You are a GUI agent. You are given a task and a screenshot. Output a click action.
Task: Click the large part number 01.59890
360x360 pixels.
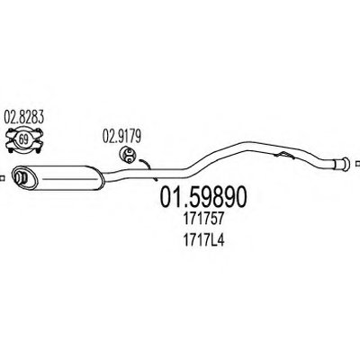tap(203, 197)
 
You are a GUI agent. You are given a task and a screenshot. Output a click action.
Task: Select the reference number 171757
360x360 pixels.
tap(203, 220)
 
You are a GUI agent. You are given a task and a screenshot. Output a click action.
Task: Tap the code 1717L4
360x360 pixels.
tap(203, 240)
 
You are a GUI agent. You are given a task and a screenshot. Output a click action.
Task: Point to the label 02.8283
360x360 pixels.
tap(24, 117)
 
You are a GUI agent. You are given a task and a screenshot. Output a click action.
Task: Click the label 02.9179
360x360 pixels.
tap(121, 136)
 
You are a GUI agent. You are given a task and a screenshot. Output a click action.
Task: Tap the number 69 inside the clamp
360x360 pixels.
tap(23, 139)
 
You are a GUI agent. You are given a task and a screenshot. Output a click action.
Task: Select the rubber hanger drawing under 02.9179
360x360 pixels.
tap(128, 155)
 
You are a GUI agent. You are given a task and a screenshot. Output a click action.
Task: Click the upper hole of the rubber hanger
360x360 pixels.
tap(130, 152)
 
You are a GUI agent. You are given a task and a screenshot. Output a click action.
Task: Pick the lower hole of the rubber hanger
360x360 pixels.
tap(130, 158)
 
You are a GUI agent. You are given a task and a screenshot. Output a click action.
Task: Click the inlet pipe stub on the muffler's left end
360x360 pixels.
tap(21, 177)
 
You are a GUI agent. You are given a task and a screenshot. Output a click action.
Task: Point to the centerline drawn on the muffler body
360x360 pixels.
tap(70, 179)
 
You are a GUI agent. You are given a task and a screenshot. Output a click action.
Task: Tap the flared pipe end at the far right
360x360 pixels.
tap(342, 165)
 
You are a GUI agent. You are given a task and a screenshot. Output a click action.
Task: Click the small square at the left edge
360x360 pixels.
tap(2, 178)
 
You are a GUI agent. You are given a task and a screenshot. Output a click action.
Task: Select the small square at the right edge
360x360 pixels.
tap(357, 164)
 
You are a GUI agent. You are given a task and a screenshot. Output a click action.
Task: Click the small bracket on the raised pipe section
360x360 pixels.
tap(283, 156)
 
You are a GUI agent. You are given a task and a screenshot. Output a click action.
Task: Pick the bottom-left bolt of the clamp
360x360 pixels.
tap(10, 149)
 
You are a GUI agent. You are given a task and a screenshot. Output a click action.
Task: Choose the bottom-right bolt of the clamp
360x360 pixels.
tap(38, 149)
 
